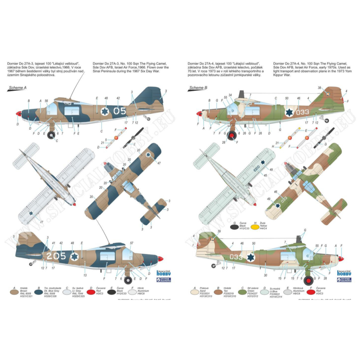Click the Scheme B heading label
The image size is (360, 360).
click(197, 87)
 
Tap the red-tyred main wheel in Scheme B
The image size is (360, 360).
click(309, 280)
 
